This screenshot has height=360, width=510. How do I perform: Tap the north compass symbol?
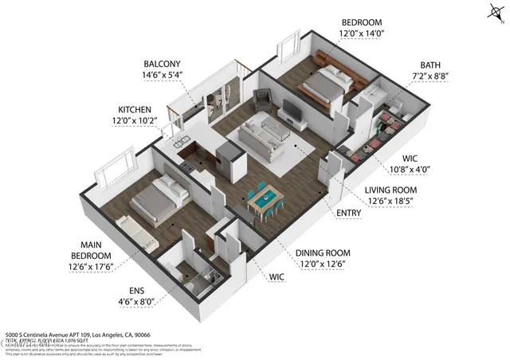(492, 12)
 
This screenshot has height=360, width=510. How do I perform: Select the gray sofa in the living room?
(264, 138)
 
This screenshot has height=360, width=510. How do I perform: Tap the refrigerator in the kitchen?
(229, 160)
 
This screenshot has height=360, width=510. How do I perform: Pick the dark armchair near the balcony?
(261, 101)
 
